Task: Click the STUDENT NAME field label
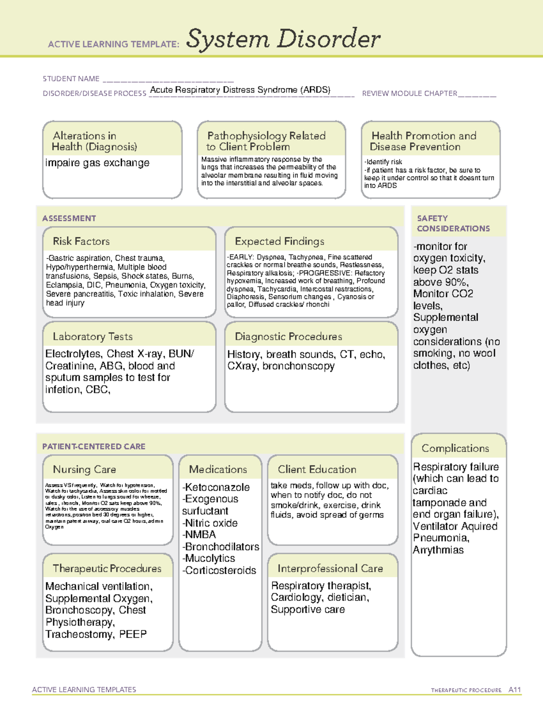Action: pyautogui.click(x=71, y=79)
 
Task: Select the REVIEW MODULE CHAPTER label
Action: pyautogui.click(x=410, y=94)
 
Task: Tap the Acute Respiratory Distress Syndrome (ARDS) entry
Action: pyautogui.click(x=240, y=90)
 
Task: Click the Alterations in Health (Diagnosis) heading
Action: pyautogui.click(x=95, y=141)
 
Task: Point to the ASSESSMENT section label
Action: pyautogui.click(x=69, y=219)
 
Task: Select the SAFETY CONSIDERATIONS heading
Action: pyautogui.click(x=453, y=224)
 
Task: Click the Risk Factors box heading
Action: pyautogui.click(x=81, y=241)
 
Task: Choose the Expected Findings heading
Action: pyautogui.click(x=280, y=241)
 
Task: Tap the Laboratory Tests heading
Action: pyautogui.click(x=93, y=337)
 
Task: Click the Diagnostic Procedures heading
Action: pyautogui.click(x=289, y=337)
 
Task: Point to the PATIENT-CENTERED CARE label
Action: pyautogui.click(x=94, y=447)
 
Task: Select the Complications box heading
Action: pyautogui.click(x=455, y=449)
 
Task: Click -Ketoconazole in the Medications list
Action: pyautogui.click(x=216, y=488)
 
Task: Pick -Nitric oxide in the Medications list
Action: pyautogui.click(x=210, y=523)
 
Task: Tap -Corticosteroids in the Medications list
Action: pyautogui.click(x=219, y=571)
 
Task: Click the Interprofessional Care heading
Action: pyautogui.click(x=330, y=569)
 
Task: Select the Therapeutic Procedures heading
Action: pyautogui.click(x=107, y=569)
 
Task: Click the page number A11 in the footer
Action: pyautogui.click(x=514, y=690)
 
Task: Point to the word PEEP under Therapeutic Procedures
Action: pyautogui.click(x=133, y=635)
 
